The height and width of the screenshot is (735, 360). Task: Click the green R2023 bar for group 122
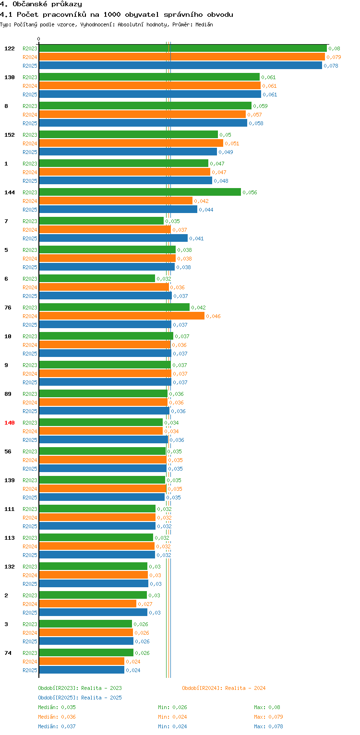point(182,48)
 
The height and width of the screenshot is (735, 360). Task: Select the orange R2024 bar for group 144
point(115,201)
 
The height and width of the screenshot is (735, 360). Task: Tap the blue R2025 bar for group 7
point(113,238)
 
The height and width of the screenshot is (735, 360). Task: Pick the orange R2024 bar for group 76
point(121,316)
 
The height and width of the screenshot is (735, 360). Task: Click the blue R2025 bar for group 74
point(82,670)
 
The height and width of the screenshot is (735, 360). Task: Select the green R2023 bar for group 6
point(97,279)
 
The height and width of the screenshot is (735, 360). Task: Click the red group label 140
point(10,423)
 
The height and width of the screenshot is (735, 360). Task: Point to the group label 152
point(10,135)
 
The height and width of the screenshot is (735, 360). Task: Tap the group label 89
point(8,394)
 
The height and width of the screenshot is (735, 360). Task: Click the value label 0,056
point(250,192)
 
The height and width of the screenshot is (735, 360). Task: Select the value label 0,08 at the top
point(334,48)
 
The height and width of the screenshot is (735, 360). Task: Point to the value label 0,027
point(145,604)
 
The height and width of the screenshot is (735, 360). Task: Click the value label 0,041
point(196,238)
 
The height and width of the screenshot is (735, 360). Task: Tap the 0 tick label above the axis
point(39,39)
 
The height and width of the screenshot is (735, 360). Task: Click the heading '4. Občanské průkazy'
point(41,4)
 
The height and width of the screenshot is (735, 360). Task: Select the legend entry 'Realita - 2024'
point(224,688)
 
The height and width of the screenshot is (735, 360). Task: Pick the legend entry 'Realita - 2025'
point(80,698)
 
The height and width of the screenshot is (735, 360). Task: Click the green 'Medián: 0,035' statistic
point(57,707)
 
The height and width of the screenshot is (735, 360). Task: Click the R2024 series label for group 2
point(30,604)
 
